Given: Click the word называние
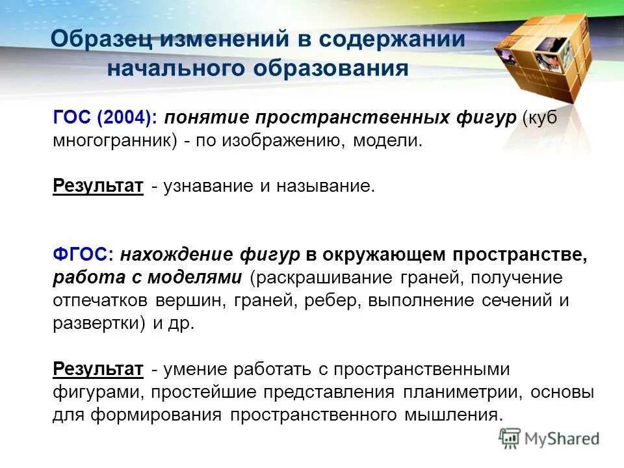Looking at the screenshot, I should coord(326,187).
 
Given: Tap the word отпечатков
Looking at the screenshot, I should coord(101,301).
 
